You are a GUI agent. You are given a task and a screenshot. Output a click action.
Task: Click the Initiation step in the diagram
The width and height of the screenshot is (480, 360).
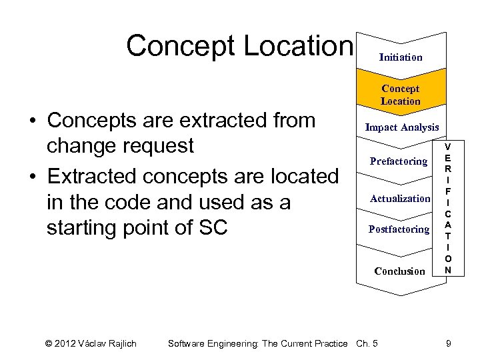[401, 57]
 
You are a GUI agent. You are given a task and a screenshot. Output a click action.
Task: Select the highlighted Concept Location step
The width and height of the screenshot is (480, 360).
[401, 95]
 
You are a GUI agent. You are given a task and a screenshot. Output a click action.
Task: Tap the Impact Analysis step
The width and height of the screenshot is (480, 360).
[401, 127]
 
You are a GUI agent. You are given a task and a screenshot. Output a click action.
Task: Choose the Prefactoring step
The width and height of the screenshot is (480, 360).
[399, 161]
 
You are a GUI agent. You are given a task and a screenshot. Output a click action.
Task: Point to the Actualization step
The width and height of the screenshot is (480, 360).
[400, 199]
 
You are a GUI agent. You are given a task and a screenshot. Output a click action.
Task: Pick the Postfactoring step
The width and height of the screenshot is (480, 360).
[399, 229]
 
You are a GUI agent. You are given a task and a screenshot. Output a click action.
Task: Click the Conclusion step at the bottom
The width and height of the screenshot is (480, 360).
[399, 271]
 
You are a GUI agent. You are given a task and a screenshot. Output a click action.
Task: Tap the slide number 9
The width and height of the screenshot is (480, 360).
[449, 343]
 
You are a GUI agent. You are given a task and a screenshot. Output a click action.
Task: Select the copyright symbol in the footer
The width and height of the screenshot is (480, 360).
[49, 343]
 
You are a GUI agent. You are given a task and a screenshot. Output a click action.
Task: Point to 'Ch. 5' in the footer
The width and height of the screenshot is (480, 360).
[367, 343]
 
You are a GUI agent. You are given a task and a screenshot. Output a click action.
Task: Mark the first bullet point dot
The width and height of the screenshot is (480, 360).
[32, 121]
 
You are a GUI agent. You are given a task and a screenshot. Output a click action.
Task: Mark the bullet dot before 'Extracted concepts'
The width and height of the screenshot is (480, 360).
[32, 177]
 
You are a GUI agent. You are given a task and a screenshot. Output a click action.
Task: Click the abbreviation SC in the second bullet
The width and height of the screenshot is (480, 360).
[213, 227]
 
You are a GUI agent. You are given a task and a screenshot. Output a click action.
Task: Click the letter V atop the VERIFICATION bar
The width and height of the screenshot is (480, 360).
[448, 147]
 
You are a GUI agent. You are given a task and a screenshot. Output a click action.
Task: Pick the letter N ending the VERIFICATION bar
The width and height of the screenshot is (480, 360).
[448, 270]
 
